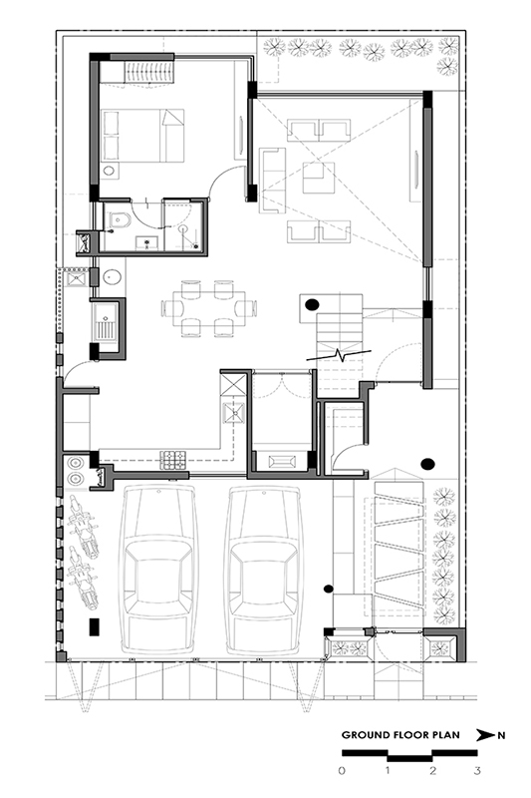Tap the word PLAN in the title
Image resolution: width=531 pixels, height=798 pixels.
(446, 735)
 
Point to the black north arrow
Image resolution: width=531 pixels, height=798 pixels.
(485, 735)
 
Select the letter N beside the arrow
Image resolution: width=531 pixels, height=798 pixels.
(501, 735)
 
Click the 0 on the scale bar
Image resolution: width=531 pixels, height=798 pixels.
(342, 770)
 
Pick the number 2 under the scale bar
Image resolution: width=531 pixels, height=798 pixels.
(432, 770)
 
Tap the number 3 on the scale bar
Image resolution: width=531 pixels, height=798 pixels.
(477, 770)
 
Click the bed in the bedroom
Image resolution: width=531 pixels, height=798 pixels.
(142, 136)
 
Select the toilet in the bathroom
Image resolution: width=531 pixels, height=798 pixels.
(120, 220)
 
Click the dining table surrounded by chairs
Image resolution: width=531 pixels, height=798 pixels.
(209, 308)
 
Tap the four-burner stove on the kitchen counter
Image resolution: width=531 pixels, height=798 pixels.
(174, 460)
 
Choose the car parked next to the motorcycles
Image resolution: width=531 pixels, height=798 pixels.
(158, 569)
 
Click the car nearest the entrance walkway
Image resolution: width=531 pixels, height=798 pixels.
(264, 569)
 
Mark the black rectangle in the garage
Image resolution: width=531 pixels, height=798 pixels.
(95, 626)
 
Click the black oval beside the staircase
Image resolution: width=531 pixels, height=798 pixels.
(312, 304)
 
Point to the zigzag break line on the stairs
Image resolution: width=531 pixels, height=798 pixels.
(339, 355)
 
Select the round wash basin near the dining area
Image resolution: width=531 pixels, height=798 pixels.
(112, 277)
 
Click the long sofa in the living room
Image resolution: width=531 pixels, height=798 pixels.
(272, 181)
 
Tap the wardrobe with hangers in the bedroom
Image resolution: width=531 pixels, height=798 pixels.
(149, 71)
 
